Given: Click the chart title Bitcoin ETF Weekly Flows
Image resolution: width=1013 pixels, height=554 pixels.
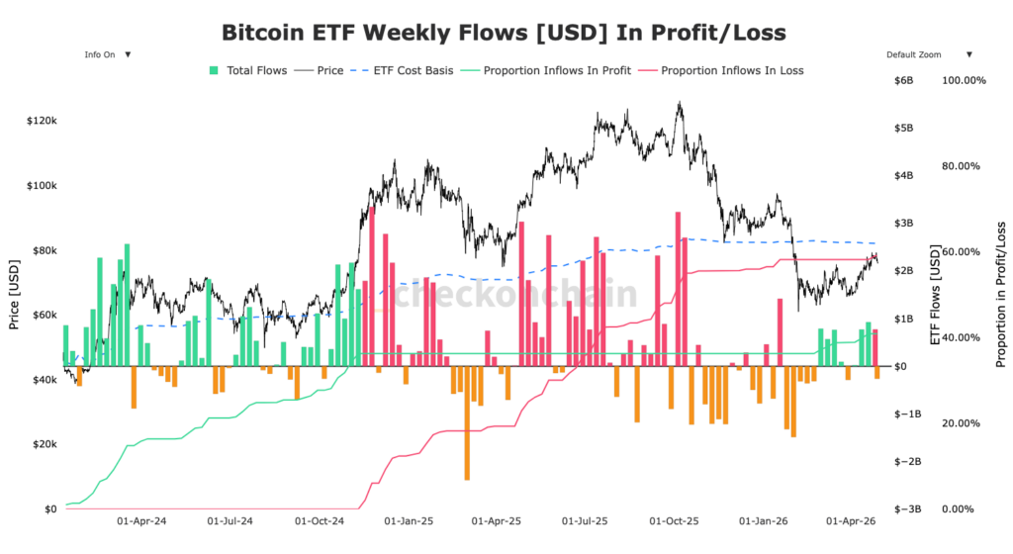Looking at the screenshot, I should tap(504, 33).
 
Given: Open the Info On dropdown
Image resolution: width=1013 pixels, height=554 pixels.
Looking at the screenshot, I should tap(107, 54).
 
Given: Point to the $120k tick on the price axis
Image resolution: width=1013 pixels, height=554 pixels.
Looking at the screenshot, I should tap(42, 121).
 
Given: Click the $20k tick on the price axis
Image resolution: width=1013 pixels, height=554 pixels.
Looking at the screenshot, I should tap(44, 444).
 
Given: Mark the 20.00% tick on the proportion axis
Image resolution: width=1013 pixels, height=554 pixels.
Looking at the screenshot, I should tap(966, 423).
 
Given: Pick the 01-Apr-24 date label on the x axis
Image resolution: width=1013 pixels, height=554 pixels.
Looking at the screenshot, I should tap(141, 519).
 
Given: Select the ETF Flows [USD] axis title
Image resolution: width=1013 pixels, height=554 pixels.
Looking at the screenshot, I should tap(934, 295).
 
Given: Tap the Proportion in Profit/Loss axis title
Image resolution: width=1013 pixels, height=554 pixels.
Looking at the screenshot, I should tap(1000, 295).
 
